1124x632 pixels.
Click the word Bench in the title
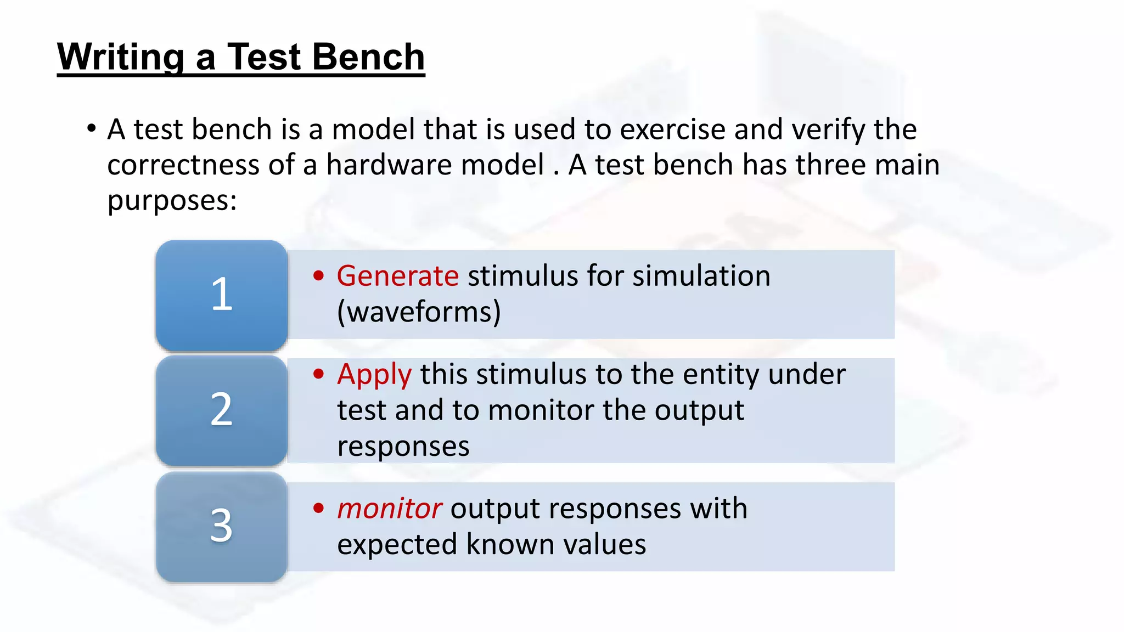(x=368, y=57)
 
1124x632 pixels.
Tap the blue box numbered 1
(x=222, y=295)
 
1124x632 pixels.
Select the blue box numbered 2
(x=222, y=410)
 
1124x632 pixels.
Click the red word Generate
(x=397, y=276)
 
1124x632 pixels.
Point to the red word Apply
(x=374, y=375)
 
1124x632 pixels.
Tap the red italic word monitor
(x=389, y=509)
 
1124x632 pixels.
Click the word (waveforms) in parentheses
(x=419, y=312)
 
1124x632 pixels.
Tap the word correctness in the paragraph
(x=183, y=165)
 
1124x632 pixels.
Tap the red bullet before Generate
(x=319, y=275)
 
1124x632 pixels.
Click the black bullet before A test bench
(x=92, y=129)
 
